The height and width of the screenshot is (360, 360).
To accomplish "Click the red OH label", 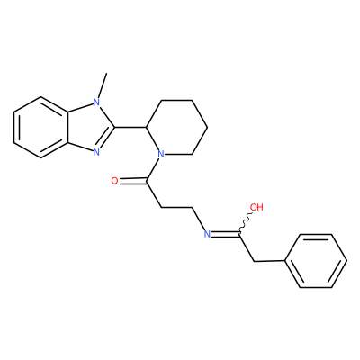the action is [x=256, y=207].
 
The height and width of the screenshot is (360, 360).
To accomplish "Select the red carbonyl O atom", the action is [x=114, y=181].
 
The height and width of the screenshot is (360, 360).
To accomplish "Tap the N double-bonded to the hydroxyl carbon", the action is [x=207, y=234].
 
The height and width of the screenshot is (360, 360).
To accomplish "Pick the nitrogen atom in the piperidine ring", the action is [x=161, y=155].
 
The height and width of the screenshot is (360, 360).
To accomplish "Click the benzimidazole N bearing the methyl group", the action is [x=96, y=103].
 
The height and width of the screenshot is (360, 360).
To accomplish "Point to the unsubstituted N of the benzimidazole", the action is [x=96, y=152].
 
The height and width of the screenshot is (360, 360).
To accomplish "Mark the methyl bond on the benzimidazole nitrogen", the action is [x=102, y=85].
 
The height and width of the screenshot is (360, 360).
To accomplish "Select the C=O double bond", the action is [x=132, y=181].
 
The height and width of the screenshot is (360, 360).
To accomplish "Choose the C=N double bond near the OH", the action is [x=225, y=234].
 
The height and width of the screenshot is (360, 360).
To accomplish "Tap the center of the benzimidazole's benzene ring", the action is [x=40, y=127].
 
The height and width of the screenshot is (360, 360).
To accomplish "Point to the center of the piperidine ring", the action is [x=176, y=127].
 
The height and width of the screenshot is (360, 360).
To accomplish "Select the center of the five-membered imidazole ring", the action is [x=88, y=127].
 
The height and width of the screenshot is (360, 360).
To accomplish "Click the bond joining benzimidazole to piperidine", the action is [x=130, y=127].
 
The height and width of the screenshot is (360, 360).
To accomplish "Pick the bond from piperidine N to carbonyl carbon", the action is [x=154, y=168].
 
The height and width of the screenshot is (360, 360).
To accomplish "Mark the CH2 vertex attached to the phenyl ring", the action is [x=254, y=262].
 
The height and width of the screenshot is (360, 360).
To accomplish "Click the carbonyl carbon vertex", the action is [x=146, y=181].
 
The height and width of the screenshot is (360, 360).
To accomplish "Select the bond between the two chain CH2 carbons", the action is [x=176, y=207].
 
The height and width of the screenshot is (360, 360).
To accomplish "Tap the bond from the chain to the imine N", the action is [x=198, y=219].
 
